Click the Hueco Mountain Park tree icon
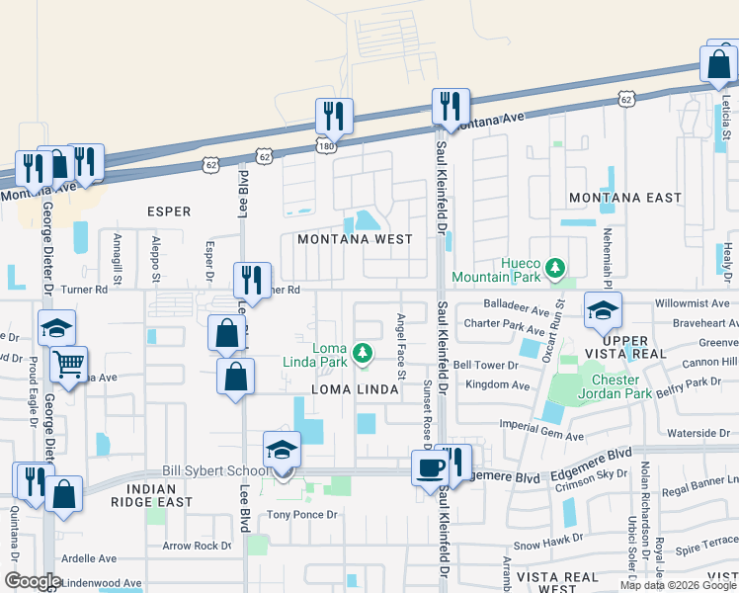coord(555,268)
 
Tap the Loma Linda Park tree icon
coord(364,352)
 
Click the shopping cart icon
coord(68,365)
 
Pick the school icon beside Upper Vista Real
coord(603,310)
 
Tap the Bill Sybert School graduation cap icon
coord(282,450)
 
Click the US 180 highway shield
coord(325,145)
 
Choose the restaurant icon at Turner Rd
coord(252,279)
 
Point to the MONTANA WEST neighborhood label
coord(355,239)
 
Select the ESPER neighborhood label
coord(168,211)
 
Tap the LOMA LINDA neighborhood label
coord(356,390)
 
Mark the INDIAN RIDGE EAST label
coord(151,496)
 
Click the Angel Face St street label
coord(401,347)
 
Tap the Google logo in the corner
coord(33,581)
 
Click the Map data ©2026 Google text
coord(678,584)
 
